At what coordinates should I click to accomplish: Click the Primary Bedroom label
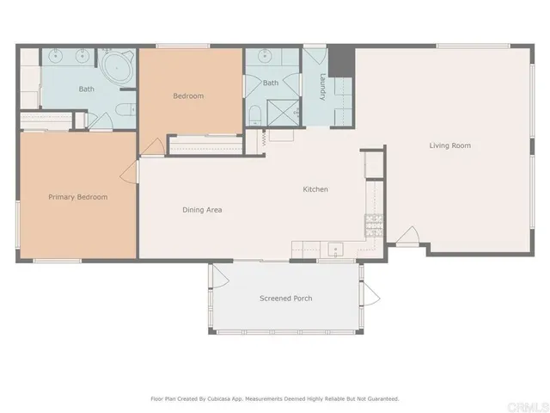(x=77, y=197)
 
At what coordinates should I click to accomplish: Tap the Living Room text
(x=449, y=145)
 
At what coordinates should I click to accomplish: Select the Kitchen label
(x=315, y=189)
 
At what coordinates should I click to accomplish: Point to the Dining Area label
(x=203, y=209)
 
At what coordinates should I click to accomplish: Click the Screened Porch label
(x=285, y=299)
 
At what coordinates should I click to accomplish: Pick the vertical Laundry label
(x=322, y=88)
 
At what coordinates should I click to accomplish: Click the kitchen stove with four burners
(x=373, y=226)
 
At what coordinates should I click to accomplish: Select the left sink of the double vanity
(x=58, y=58)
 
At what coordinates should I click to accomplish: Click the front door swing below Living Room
(x=407, y=237)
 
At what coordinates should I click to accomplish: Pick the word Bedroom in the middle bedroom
(x=188, y=96)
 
